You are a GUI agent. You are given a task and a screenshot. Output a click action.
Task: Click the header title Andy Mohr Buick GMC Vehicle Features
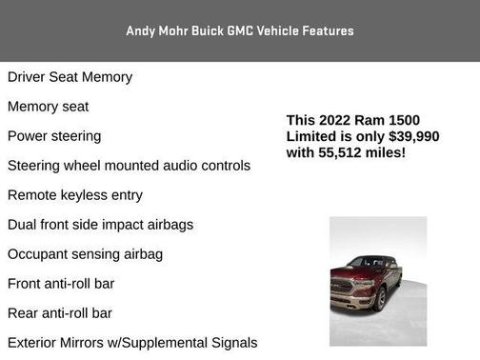pos(239,30)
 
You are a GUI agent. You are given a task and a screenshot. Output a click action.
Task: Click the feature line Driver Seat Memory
pos(70,77)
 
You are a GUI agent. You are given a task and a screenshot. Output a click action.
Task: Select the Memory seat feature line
pos(48,107)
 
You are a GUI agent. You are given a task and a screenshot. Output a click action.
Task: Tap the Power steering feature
pos(54,136)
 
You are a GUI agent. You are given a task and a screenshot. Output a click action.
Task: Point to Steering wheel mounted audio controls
pos(129,166)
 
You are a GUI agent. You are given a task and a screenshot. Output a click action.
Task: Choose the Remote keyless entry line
pos(75,195)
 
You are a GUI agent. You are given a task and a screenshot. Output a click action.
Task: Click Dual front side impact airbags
pos(100,225)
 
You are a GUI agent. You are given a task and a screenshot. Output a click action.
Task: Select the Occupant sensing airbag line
pos(85,254)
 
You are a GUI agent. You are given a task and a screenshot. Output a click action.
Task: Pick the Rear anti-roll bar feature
pos(60,313)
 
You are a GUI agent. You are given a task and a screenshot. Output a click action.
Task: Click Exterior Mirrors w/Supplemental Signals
pos(132,343)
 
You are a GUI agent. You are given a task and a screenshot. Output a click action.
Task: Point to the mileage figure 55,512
pos(345,152)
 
